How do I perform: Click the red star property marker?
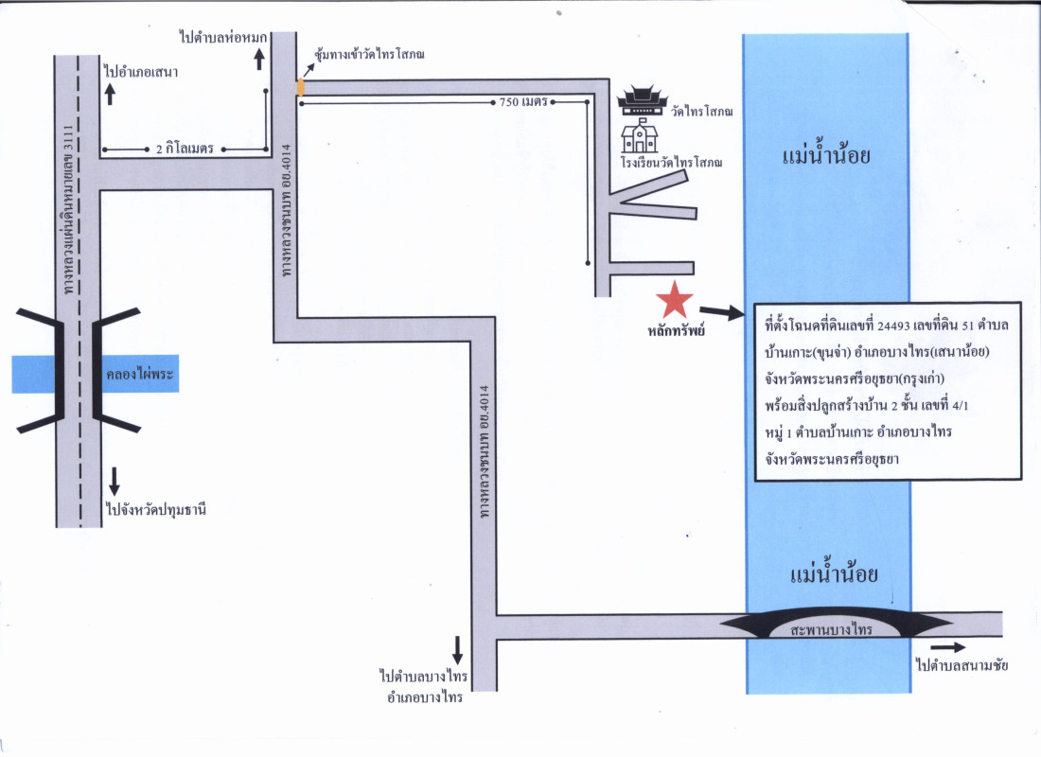(675, 300)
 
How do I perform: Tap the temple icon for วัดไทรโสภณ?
(643, 99)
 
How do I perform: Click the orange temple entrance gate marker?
(301, 86)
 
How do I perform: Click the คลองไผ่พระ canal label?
(136, 375)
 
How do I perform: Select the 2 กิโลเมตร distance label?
(185, 150)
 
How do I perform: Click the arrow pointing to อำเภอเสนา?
(110, 94)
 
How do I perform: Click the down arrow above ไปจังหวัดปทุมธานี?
(114, 481)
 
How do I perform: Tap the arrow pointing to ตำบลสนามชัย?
(954, 647)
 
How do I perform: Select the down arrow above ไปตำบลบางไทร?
(457, 649)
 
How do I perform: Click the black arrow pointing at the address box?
(721, 310)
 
